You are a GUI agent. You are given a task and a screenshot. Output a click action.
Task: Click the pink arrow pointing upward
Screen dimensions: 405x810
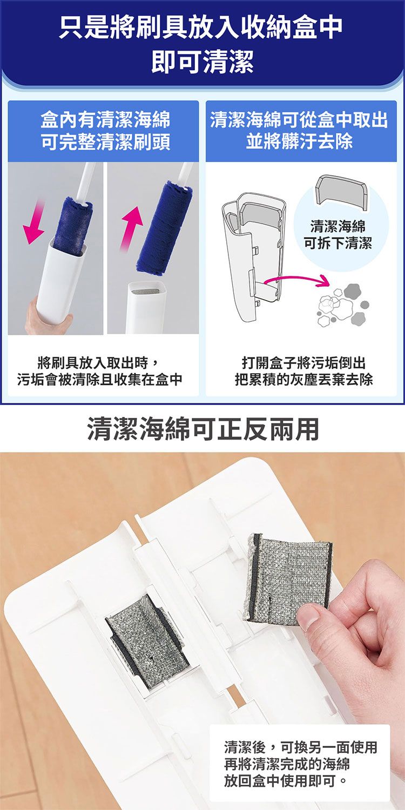pos(132,228)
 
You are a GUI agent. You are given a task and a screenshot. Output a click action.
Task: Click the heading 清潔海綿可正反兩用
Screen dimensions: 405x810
pos(202,429)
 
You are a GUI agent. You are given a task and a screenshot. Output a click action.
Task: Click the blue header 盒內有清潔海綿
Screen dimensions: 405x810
pos(105,120)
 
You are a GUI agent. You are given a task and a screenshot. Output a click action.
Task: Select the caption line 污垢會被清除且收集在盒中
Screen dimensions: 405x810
pos(99,380)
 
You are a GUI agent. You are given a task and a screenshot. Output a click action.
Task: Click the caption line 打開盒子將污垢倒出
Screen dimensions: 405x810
pos(303,363)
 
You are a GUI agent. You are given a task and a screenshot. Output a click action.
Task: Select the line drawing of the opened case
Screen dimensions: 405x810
pos(253,256)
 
